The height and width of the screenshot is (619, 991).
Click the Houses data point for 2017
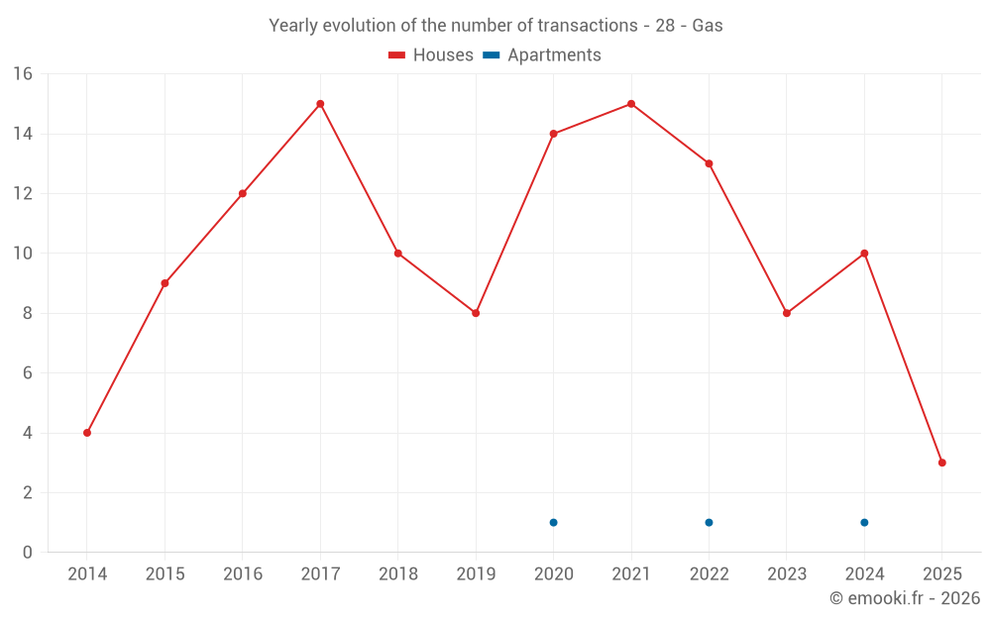click(320, 104)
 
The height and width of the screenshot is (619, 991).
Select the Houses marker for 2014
click(87, 433)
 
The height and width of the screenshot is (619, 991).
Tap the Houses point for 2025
click(941, 463)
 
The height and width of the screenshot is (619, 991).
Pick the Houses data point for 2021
click(631, 104)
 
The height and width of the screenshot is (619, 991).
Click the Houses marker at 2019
click(476, 313)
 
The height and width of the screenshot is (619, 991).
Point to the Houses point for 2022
click(709, 163)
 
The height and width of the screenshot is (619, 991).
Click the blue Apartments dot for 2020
click(553, 522)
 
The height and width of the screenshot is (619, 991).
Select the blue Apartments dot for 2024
click(864, 522)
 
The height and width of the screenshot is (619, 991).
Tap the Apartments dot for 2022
click(709, 522)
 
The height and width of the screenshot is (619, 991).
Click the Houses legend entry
click(431, 55)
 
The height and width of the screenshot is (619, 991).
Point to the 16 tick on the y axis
click(22, 74)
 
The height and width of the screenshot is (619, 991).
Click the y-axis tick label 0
click(27, 553)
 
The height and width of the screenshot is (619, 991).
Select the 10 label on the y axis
click(22, 254)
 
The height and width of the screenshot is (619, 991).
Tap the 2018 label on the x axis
click(397, 574)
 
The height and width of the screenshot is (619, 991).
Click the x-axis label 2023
click(786, 574)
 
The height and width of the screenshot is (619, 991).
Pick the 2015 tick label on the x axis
click(165, 574)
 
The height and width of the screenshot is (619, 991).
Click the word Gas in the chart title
click(708, 26)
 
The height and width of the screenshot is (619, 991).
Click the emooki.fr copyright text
click(904, 598)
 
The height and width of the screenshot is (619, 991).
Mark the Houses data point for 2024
click(864, 254)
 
